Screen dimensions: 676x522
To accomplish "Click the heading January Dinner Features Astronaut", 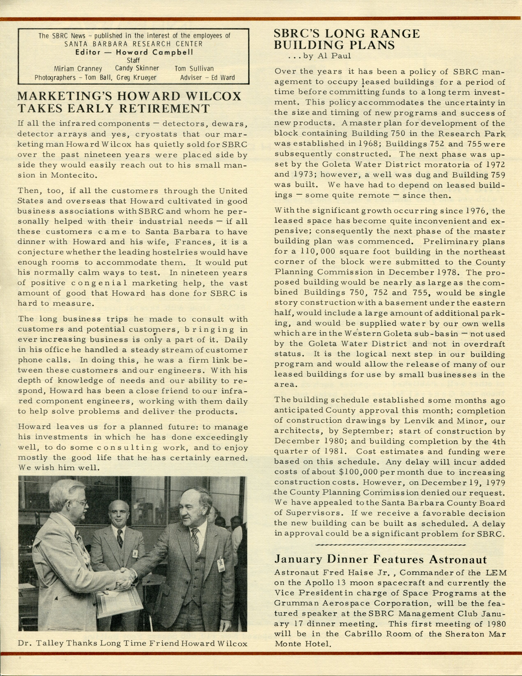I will point(381,559).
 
